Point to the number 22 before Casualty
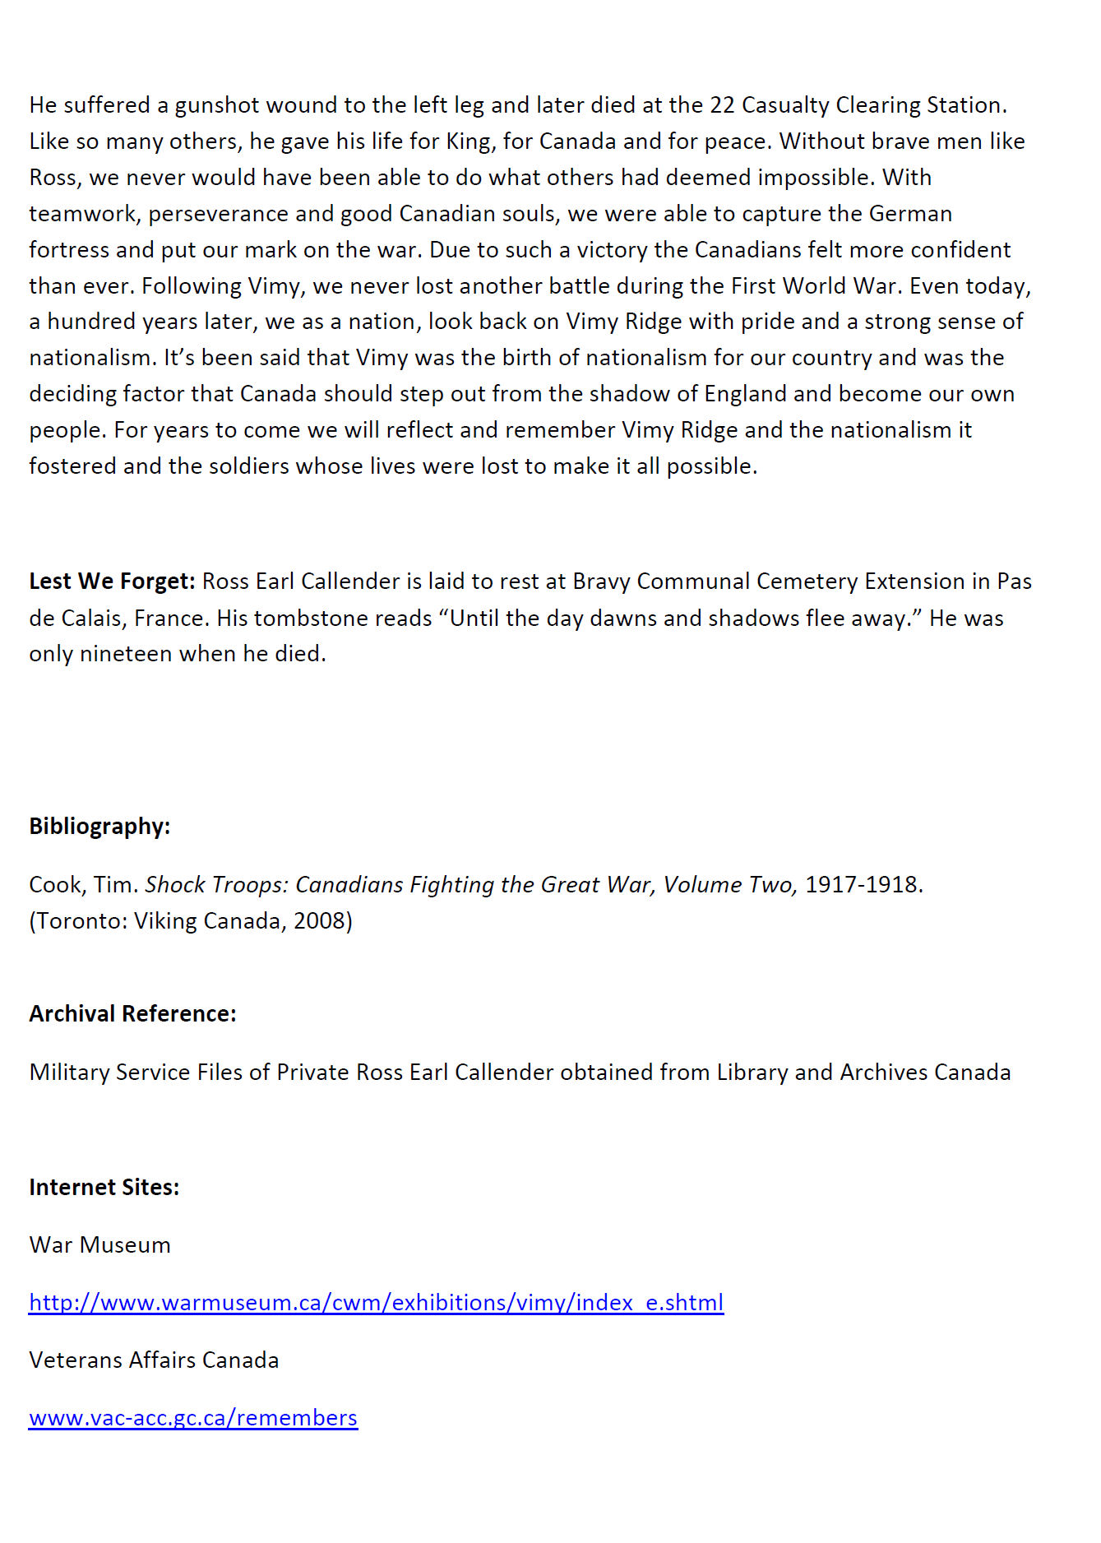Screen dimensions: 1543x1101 (721, 105)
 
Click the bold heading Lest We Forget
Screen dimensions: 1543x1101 (112, 582)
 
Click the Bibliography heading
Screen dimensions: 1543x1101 (99, 827)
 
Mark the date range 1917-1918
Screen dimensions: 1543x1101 (863, 885)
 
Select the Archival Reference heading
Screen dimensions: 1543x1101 (132, 1014)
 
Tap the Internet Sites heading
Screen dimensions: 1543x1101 (104, 1188)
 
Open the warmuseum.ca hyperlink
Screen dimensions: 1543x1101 (376, 1304)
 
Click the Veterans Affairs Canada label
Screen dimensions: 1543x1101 (154, 1360)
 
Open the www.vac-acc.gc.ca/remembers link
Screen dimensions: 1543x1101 (193, 1419)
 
